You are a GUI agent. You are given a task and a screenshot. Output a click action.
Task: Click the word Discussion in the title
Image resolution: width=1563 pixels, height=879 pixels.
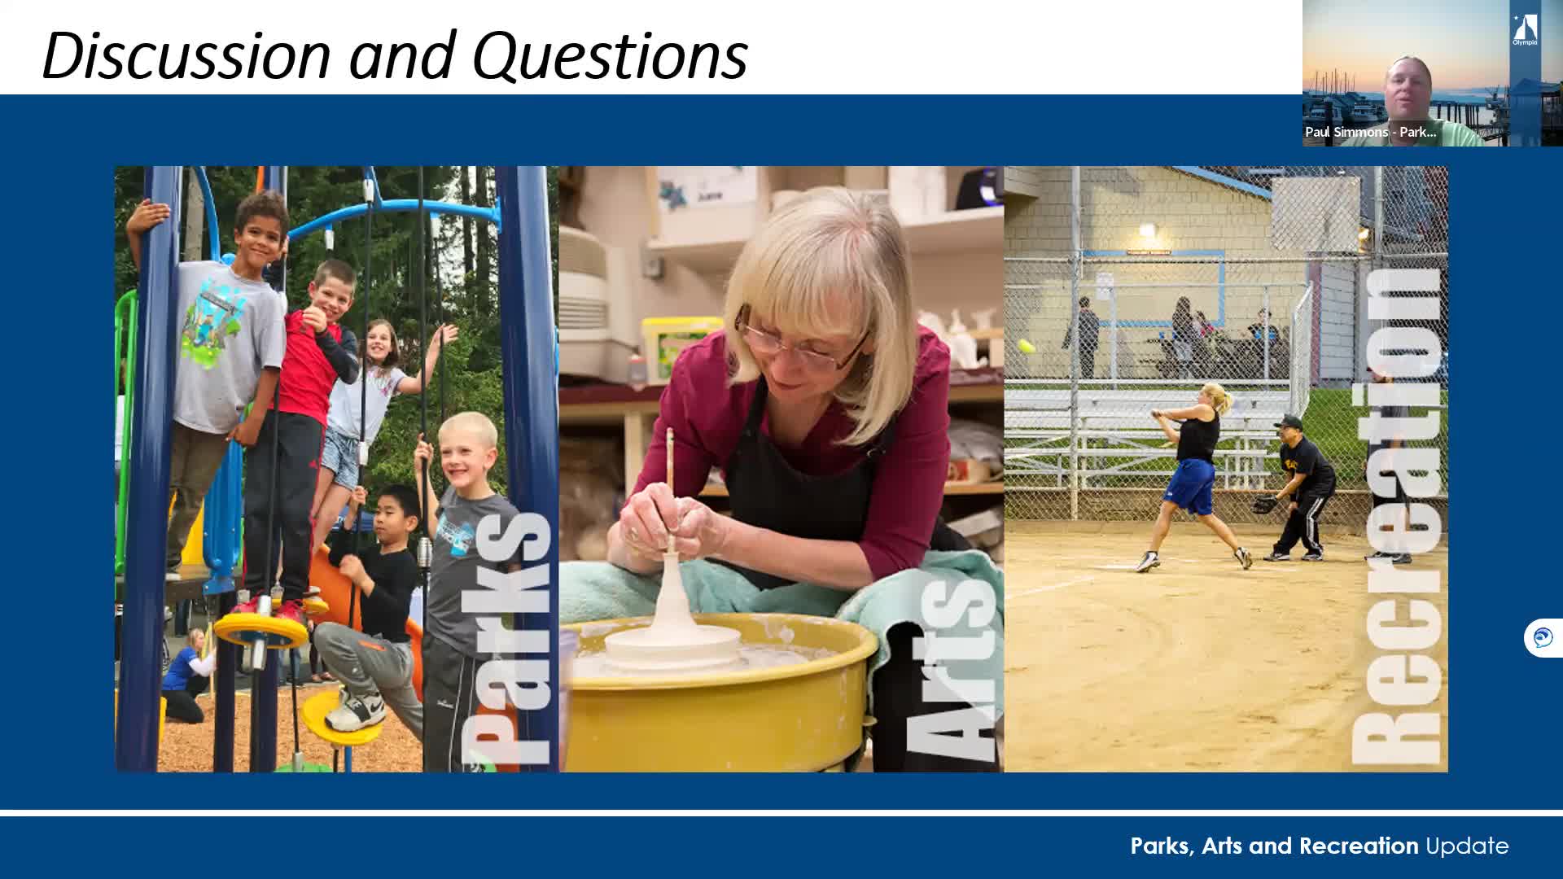pyautogui.click(x=186, y=55)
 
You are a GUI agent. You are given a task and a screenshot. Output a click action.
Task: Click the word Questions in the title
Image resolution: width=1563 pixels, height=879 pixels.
pyautogui.click(x=610, y=55)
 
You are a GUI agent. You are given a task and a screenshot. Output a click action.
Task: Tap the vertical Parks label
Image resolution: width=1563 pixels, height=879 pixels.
pyautogui.click(x=506, y=638)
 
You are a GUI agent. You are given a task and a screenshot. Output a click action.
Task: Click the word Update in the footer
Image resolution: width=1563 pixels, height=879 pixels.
pyautogui.click(x=1467, y=846)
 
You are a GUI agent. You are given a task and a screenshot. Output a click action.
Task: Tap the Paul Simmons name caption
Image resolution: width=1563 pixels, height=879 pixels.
pyautogui.click(x=1370, y=132)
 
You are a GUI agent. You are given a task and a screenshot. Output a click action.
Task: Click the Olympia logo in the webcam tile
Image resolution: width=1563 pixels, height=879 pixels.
pyautogui.click(x=1525, y=30)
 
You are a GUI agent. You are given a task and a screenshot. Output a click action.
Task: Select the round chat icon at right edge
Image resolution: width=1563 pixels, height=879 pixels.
pyautogui.click(x=1543, y=637)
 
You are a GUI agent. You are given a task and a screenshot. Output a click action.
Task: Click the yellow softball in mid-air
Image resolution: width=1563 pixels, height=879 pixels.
pyautogui.click(x=1027, y=346)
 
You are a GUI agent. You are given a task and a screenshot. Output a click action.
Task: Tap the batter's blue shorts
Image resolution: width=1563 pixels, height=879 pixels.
pyautogui.click(x=1191, y=486)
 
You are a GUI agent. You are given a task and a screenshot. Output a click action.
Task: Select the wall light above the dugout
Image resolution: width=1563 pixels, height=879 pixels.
pyautogui.click(x=1147, y=233)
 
